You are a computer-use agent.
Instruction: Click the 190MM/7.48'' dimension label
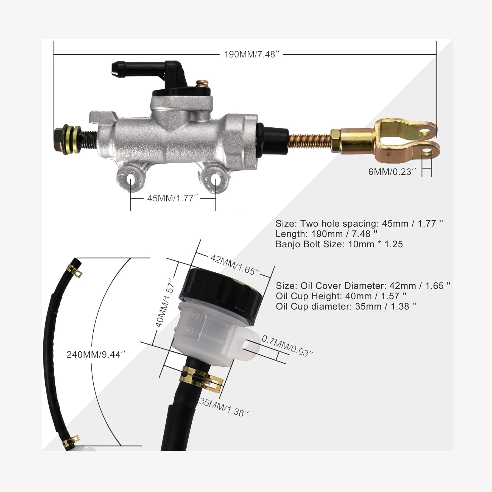pos(252,55)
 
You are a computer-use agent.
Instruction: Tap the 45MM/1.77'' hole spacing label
pos(172,198)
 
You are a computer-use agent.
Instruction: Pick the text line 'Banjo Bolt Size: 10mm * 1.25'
pos(339,244)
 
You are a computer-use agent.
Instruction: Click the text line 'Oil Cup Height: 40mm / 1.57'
pos(341,296)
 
